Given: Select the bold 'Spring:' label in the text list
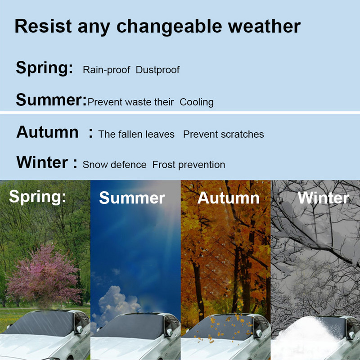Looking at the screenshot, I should tap(44, 68).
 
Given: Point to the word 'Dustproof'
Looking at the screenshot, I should tap(157, 70).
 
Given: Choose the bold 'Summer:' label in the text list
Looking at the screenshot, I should tap(50, 99).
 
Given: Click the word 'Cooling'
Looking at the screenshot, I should tap(197, 102).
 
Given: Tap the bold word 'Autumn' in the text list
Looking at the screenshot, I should tap(47, 132).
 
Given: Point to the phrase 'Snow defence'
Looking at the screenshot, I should tap(114, 165).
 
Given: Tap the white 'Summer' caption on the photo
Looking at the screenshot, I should tap(132, 198).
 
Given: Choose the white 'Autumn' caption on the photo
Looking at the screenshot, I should tap(229, 198).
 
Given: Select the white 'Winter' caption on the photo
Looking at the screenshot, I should tap(324, 198).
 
